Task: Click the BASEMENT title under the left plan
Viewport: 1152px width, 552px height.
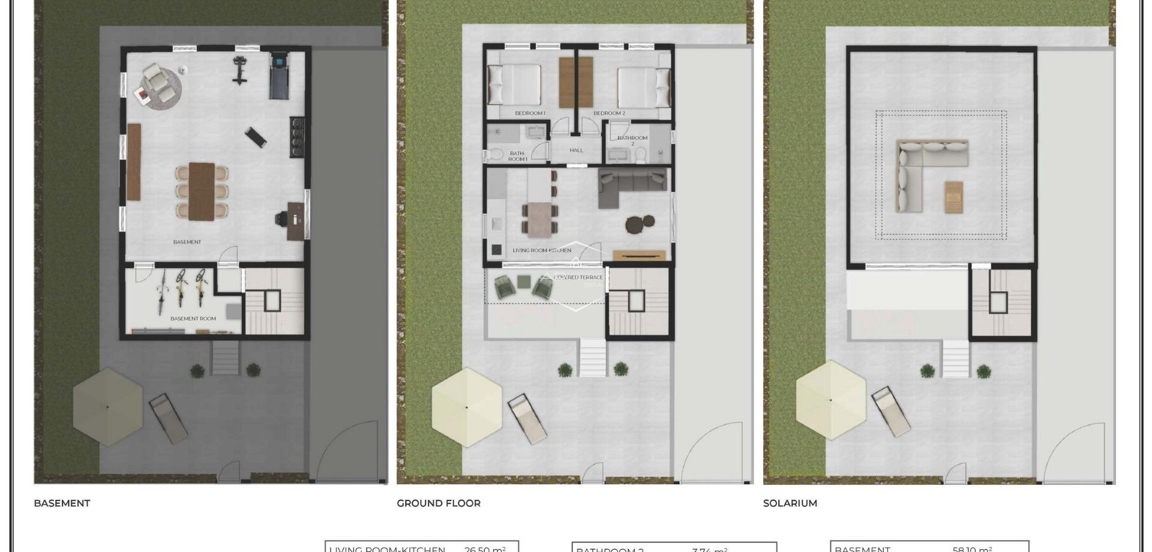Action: (x=62, y=503)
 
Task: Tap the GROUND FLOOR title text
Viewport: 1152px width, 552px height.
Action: (x=439, y=503)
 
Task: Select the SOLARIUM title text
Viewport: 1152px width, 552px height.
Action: (x=790, y=503)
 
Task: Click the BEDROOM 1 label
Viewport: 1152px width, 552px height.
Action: (x=530, y=113)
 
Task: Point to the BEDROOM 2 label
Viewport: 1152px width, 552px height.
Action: (x=609, y=113)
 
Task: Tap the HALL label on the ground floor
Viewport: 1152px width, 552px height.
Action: (x=576, y=150)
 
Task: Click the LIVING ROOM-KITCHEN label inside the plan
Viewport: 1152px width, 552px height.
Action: (x=541, y=250)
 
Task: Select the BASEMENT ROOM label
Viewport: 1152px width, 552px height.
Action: (x=193, y=319)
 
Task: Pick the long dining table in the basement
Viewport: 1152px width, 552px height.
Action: (x=202, y=191)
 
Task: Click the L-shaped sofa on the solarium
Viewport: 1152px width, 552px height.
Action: (x=924, y=168)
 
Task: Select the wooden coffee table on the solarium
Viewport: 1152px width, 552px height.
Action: (x=953, y=197)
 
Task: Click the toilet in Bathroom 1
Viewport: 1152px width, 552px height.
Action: (x=496, y=155)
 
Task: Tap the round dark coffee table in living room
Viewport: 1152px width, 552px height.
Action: (x=636, y=224)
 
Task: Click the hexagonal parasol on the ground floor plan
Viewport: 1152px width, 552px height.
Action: (x=466, y=407)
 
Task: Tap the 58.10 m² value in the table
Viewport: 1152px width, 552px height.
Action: (x=971, y=548)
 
